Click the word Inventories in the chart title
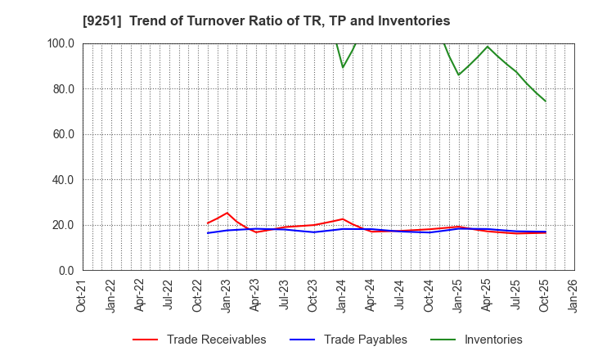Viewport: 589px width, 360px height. click(x=414, y=20)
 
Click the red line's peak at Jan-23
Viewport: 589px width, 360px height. click(x=227, y=213)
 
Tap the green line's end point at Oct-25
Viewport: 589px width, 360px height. click(x=545, y=101)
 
